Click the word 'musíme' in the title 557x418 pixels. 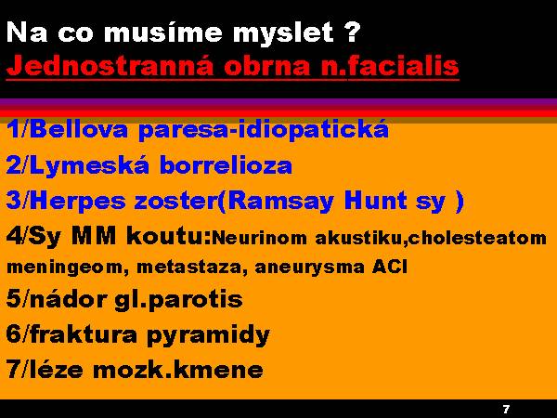pyautogui.click(x=164, y=33)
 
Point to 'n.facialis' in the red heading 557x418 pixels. pyautogui.click(x=390, y=65)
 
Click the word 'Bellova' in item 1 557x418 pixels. pyautogui.click(x=79, y=129)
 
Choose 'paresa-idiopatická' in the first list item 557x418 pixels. pyautogui.click(x=264, y=130)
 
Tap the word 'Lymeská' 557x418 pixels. pyautogui.click(x=89, y=166)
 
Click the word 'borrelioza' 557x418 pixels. pyautogui.click(x=226, y=165)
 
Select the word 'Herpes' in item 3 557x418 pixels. pyautogui.click(x=77, y=202)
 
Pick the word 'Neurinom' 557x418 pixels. pyautogui.click(x=259, y=238)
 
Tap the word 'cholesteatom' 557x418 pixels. pyautogui.click(x=477, y=238)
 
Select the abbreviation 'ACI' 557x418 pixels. pyautogui.click(x=390, y=267)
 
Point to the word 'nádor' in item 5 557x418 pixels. pyautogui.click(x=68, y=298)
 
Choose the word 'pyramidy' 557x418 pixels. pyautogui.click(x=208, y=335)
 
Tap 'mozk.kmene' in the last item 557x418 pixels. pyautogui.click(x=178, y=370)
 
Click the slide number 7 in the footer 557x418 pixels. pyautogui.click(x=507, y=409)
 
